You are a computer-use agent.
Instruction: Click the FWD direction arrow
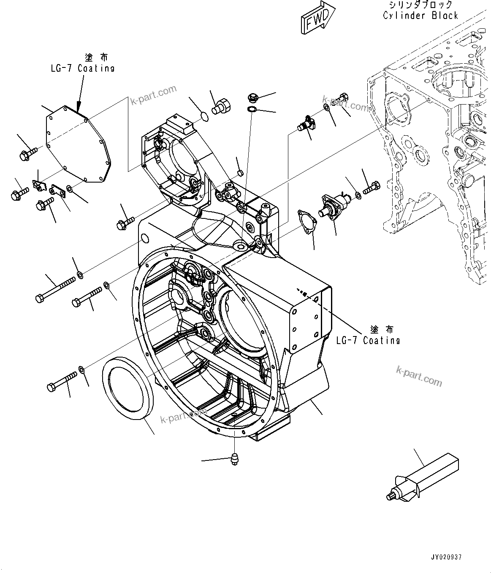[318, 19]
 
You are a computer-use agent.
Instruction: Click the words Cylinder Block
[420, 16]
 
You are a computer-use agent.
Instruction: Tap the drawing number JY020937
[447, 557]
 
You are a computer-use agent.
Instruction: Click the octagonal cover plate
[79, 144]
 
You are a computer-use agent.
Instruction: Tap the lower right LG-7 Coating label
[368, 340]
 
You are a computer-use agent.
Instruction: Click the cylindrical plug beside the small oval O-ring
[222, 105]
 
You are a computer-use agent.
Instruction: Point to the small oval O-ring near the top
[203, 116]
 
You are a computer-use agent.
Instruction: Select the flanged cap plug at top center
[253, 98]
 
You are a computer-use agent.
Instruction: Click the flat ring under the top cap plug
[252, 110]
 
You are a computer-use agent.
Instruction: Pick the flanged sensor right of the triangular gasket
[333, 202]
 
